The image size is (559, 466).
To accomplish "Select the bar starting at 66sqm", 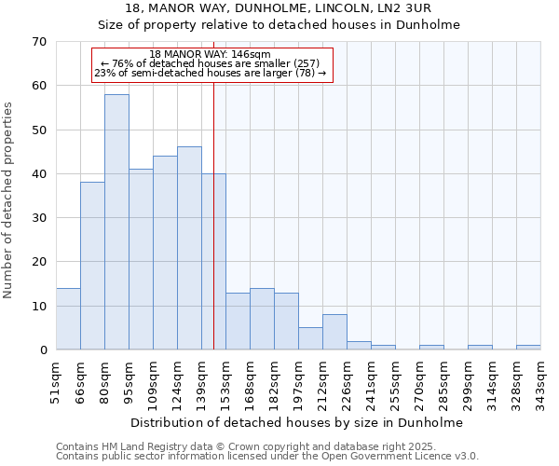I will (92, 266).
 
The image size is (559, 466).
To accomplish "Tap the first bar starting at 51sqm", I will (68, 319).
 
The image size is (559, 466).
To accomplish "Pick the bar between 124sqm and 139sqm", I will (189, 248).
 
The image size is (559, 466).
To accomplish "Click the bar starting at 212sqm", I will (334, 332).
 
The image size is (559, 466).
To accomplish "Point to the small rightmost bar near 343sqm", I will (528, 348).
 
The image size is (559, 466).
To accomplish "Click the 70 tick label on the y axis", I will (38, 42).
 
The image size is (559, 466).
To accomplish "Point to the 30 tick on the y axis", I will (38, 218).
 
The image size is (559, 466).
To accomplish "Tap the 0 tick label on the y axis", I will (42, 350).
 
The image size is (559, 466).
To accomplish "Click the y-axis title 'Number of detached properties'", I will (8, 199).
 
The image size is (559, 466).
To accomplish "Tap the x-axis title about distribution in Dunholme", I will (296, 422).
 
